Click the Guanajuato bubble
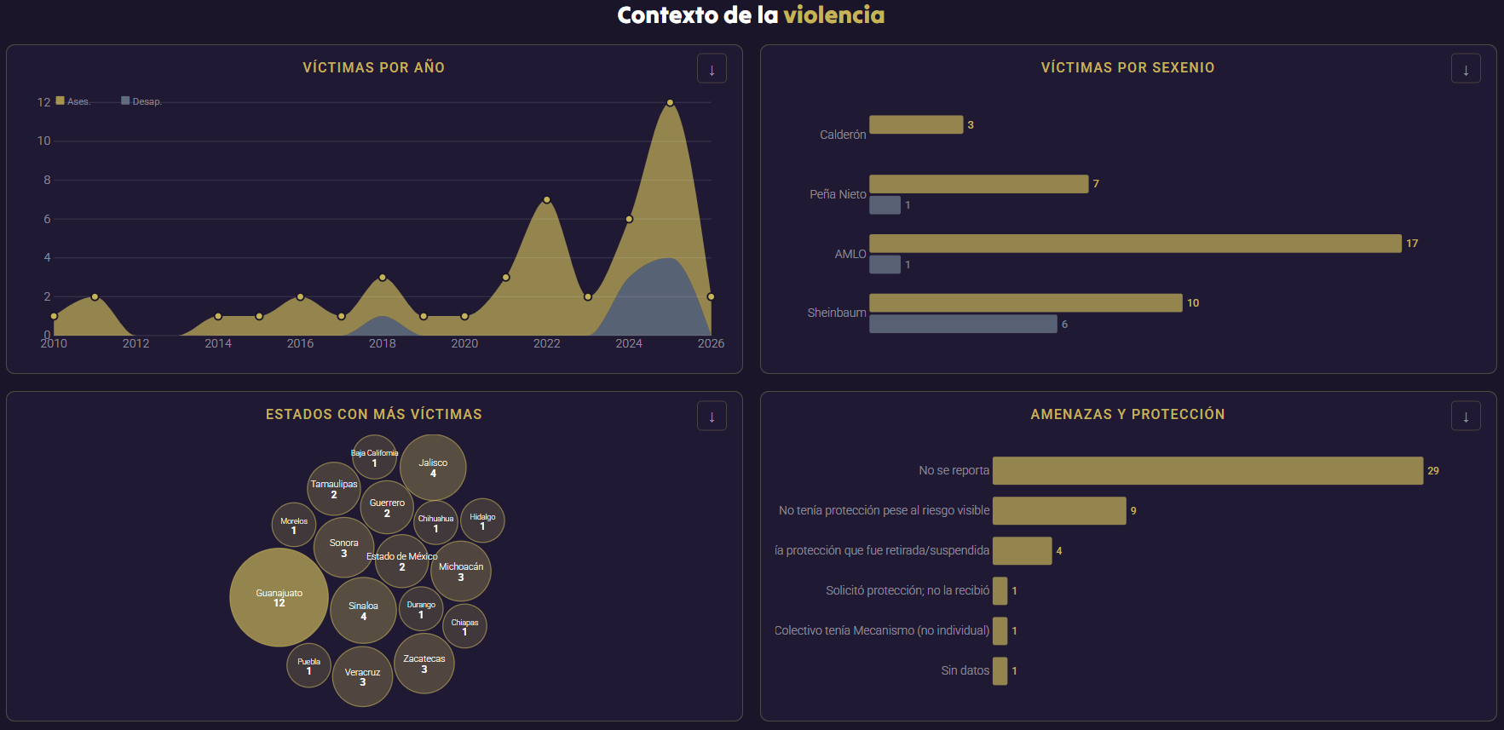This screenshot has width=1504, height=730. pos(279,597)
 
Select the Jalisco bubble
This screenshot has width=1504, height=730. pos(433,468)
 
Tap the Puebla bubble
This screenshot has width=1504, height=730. pos(308,665)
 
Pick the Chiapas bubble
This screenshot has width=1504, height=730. pos(464,626)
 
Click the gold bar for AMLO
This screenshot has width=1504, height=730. pos(1135,244)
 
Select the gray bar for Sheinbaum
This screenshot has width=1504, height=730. pos(963,324)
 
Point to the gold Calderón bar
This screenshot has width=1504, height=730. pos(916,124)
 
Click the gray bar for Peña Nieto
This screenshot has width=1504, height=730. pos(885,204)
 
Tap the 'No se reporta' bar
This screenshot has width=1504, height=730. pos(1207,470)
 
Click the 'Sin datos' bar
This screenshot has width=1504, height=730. pos(1000,670)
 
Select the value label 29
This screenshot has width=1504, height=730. pos(1433,471)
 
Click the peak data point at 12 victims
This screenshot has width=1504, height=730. pos(670,102)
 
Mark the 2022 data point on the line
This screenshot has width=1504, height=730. pos(546,200)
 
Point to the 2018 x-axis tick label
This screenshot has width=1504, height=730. pos(382,343)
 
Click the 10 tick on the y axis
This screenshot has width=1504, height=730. pos(43,141)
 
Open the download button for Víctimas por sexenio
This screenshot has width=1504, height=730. pos(1466,69)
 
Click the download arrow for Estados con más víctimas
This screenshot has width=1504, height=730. pos(712,416)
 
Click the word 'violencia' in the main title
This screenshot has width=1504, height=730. pos(833,14)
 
